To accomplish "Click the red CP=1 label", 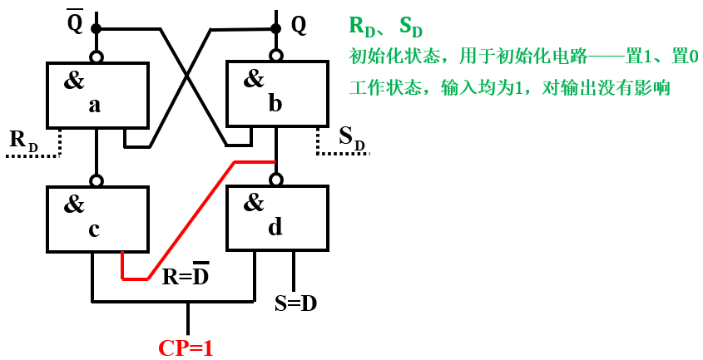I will tap(186, 347).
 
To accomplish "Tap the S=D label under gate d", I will tap(295, 303).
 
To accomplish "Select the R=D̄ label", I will tap(185, 276).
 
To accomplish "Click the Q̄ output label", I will tap(75, 22).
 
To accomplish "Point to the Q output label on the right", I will tap(299, 25).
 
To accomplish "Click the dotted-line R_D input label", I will tap(24, 141).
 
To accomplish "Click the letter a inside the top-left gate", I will tap(95, 106).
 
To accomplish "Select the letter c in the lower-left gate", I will tap(94, 229).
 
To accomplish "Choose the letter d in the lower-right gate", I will tap(275, 227).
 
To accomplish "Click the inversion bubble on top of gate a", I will tap(97, 57).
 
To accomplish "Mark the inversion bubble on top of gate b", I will tap(276, 57).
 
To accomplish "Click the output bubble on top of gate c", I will tap(97, 180).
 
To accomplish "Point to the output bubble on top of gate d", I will tap(276, 179).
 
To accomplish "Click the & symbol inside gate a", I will tap(74, 81).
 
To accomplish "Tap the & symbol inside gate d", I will tap(254, 202).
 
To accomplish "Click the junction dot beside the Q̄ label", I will tap(97, 29).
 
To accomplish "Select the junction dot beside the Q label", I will tap(276, 27).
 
